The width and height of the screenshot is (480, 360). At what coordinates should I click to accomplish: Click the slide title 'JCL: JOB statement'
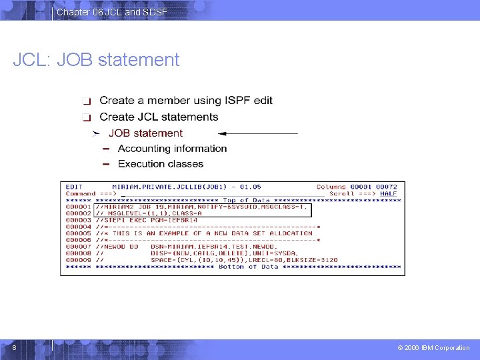click(x=97, y=60)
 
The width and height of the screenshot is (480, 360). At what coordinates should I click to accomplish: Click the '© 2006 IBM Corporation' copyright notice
click(x=433, y=347)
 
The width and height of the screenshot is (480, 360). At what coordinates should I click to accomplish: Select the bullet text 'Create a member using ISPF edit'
click(x=186, y=101)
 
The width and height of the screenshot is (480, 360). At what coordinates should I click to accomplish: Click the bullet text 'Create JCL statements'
click(x=159, y=117)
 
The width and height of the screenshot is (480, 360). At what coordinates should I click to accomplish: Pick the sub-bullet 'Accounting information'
click(x=172, y=148)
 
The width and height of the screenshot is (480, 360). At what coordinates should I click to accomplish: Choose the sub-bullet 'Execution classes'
click(x=161, y=163)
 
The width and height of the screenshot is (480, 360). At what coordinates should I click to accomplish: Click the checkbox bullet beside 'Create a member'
click(x=86, y=101)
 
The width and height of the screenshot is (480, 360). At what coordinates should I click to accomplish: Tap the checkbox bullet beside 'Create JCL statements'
click(x=86, y=117)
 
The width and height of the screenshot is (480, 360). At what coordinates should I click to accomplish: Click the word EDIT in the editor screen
click(x=74, y=187)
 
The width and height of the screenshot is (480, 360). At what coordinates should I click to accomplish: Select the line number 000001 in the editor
click(x=79, y=207)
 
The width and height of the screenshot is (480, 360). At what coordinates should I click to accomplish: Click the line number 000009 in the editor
click(x=79, y=260)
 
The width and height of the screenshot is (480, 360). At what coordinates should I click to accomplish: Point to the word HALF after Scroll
click(x=389, y=194)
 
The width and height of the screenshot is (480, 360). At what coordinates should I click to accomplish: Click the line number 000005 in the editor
click(x=79, y=233)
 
